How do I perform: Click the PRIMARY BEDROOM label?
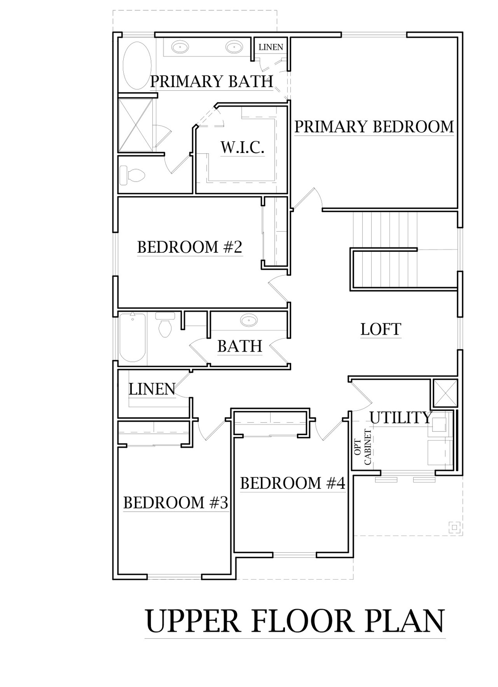(x=374, y=127)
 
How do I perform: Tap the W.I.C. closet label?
(x=242, y=148)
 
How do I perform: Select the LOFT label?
(x=381, y=329)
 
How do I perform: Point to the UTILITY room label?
(x=401, y=417)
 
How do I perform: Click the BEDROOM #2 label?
(x=189, y=247)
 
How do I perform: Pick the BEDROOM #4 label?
(x=293, y=483)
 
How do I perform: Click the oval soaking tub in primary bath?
(x=137, y=65)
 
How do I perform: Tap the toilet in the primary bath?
(x=132, y=175)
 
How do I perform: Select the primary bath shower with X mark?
(x=136, y=125)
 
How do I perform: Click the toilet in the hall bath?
(x=165, y=325)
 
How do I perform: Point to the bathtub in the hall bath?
(x=132, y=337)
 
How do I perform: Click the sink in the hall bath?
(x=249, y=320)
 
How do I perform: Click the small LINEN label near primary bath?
(x=271, y=47)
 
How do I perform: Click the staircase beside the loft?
(x=386, y=250)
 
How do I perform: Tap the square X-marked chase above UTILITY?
(x=444, y=394)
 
